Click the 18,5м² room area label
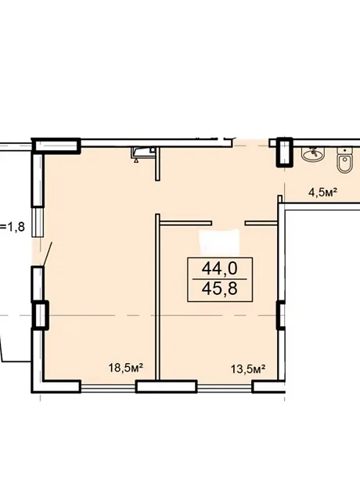click(x=125, y=368)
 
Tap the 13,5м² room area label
click(x=248, y=369)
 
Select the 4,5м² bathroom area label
click(x=322, y=192)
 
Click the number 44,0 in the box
click(x=219, y=268)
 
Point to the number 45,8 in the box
click(x=219, y=289)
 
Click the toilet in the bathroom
click(x=344, y=160)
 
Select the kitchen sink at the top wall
click(x=143, y=153)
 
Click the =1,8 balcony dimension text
click(x=13, y=227)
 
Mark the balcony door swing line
click(x=48, y=254)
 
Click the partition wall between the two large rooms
click(x=157, y=296)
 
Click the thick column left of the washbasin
click(x=284, y=153)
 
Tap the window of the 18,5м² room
click(x=108, y=386)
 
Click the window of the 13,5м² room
click(x=225, y=386)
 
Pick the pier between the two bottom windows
click(x=167, y=386)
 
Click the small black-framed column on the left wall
click(x=40, y=315)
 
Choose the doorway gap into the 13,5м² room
click(x=229, y=223)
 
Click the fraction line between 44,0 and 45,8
click(x=219, y=279)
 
